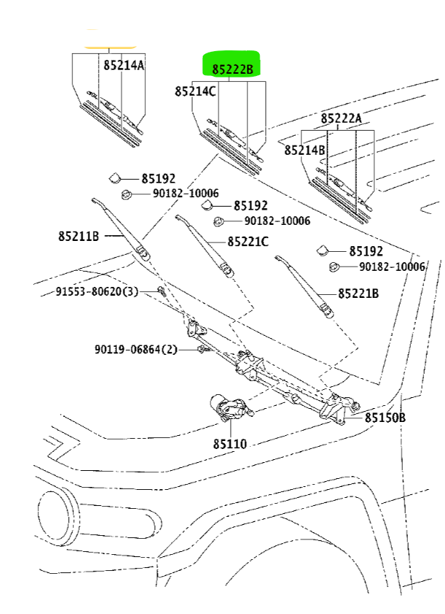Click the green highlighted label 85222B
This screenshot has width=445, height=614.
click(233, 69)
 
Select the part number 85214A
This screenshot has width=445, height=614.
click(124, 64)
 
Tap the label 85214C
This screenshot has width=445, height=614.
click(195, 91)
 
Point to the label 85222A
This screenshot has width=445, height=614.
click(341, 118)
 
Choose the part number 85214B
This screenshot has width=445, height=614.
click(304, 150)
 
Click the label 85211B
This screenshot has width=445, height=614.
click(79, 236)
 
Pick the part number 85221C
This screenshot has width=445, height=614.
click(248, 241)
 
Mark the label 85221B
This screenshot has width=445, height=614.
click(358, 293)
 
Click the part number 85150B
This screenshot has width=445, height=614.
click(385, 418)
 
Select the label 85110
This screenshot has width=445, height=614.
click(230, 444)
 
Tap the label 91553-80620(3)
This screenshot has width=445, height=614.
click(97, 291)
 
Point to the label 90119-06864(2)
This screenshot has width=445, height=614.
click(136, 349)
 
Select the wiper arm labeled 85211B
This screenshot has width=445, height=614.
click(120, 229)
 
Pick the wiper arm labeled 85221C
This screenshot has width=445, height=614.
click(204, 245)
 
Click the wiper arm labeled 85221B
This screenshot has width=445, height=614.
click(304, 286)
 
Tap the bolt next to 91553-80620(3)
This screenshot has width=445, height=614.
click(161, 291)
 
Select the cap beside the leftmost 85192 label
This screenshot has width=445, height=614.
click(115, 178)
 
